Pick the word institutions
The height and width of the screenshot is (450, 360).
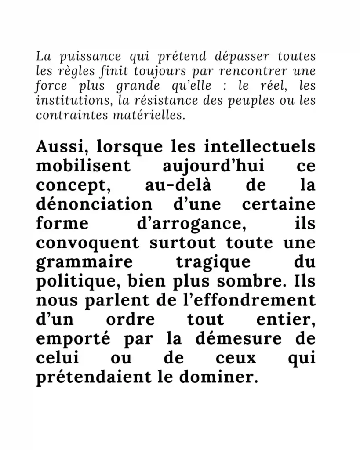tap(75, 100)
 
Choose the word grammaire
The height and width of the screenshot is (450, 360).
tap(84, 262)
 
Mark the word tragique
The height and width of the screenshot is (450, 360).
tap(213, 262)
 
